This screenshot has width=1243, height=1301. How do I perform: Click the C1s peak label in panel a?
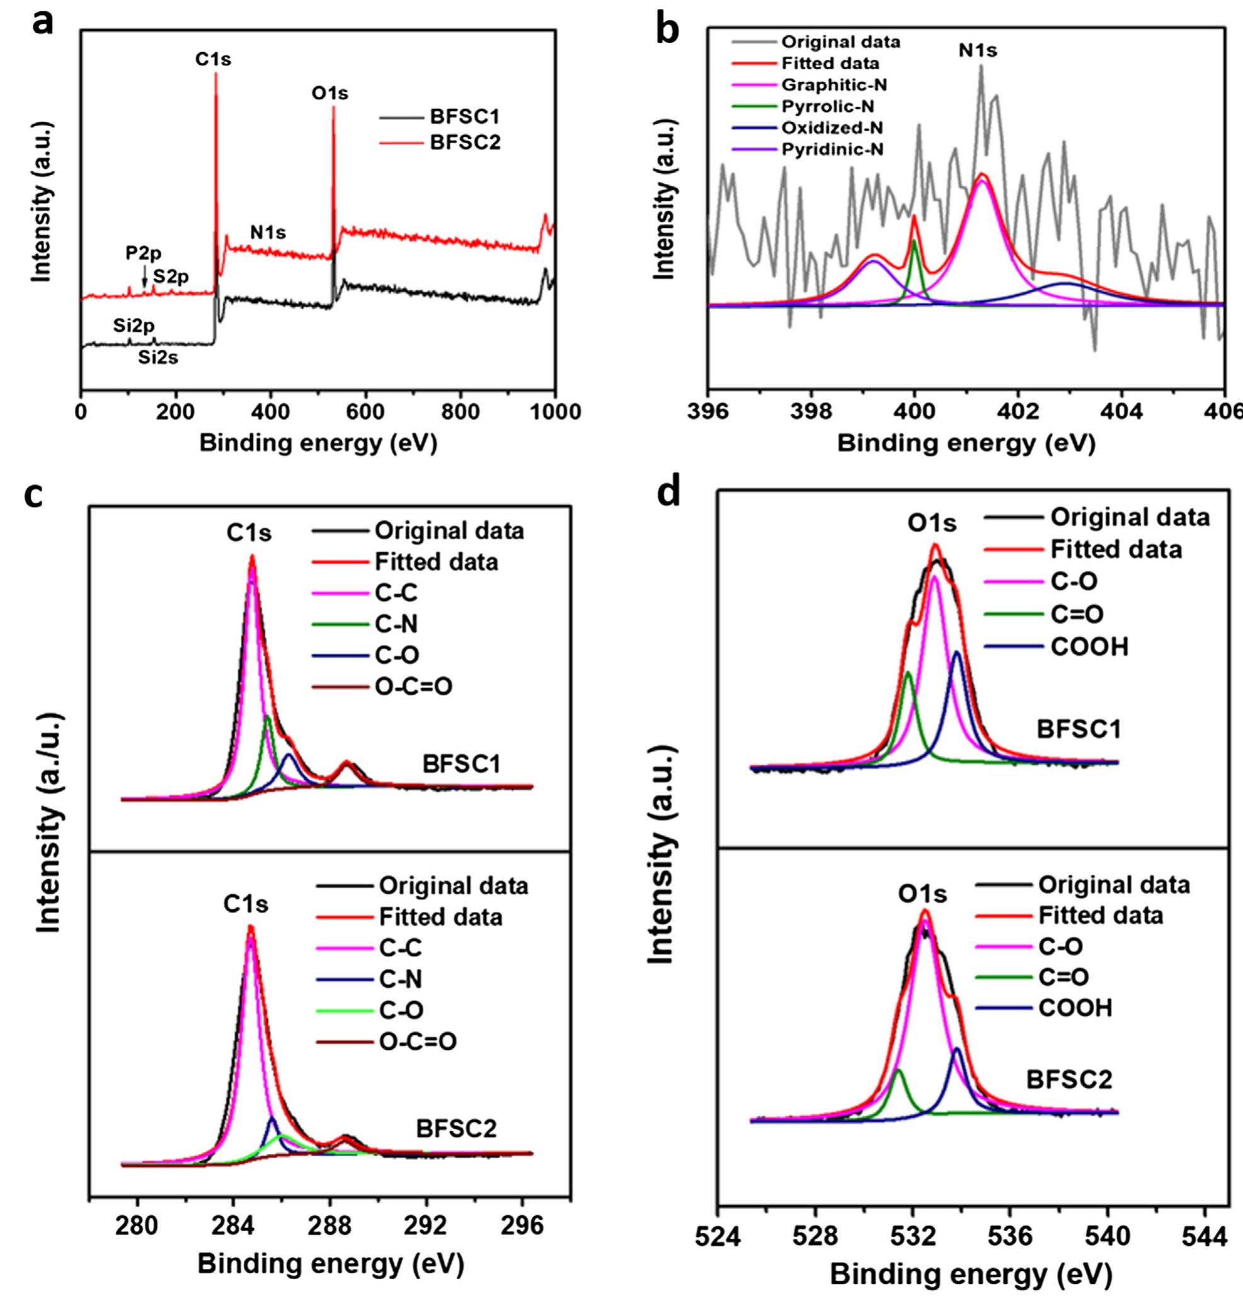point(213,60)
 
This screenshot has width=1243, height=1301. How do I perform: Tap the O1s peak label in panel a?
point(329,93)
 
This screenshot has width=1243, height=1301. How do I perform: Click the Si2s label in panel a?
point(158,358)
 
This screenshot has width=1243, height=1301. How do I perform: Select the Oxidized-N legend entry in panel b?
point(832,128)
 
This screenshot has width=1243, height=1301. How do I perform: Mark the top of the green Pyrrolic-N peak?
point(914,240)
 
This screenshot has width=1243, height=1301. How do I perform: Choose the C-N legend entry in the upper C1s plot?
point(396,623)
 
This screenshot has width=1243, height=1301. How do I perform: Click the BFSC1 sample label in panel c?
point(462,764)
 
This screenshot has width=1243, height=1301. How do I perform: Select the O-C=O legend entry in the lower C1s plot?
point(418,1043)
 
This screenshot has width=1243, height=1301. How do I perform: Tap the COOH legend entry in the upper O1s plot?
point(1089,647)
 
